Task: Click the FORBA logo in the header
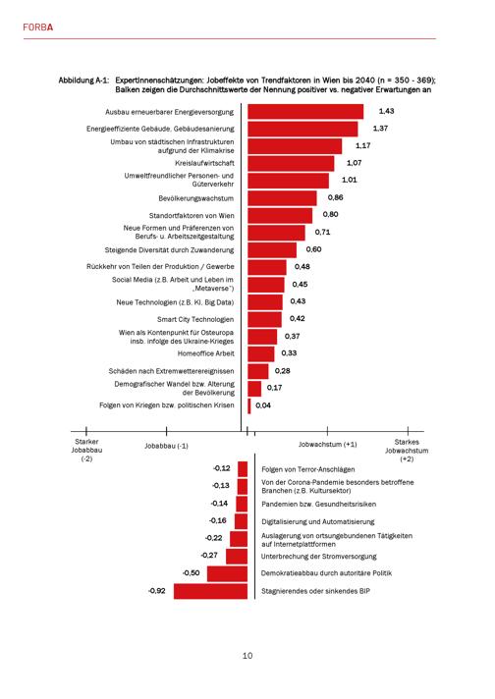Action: click(38, 27)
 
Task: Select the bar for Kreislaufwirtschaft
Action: click(291, 164)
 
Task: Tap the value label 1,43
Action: click(386, 111)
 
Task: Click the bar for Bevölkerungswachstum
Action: click(282, 198)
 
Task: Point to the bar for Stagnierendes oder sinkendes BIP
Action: click(210, 591)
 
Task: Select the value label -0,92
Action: click(157, 591)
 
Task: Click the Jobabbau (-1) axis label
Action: click(166, 446)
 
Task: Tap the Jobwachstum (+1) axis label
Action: click(328, 445)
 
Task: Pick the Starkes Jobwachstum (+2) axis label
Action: click(407, 451)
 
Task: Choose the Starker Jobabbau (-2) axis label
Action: click(86, 450)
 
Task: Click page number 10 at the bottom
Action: click(247, 656)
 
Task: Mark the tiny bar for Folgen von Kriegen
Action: click(249, 405)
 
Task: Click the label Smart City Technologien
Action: click(195, 319)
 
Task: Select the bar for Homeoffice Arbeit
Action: click(261, 354)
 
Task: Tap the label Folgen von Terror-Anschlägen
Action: click(308, 469)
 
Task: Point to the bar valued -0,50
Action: click(228, 573)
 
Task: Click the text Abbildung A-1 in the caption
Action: click(83, 81)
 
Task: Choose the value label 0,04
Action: click(263, 405)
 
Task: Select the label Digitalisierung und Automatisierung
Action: click(318, 521)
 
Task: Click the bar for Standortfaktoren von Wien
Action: click(280, 216)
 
